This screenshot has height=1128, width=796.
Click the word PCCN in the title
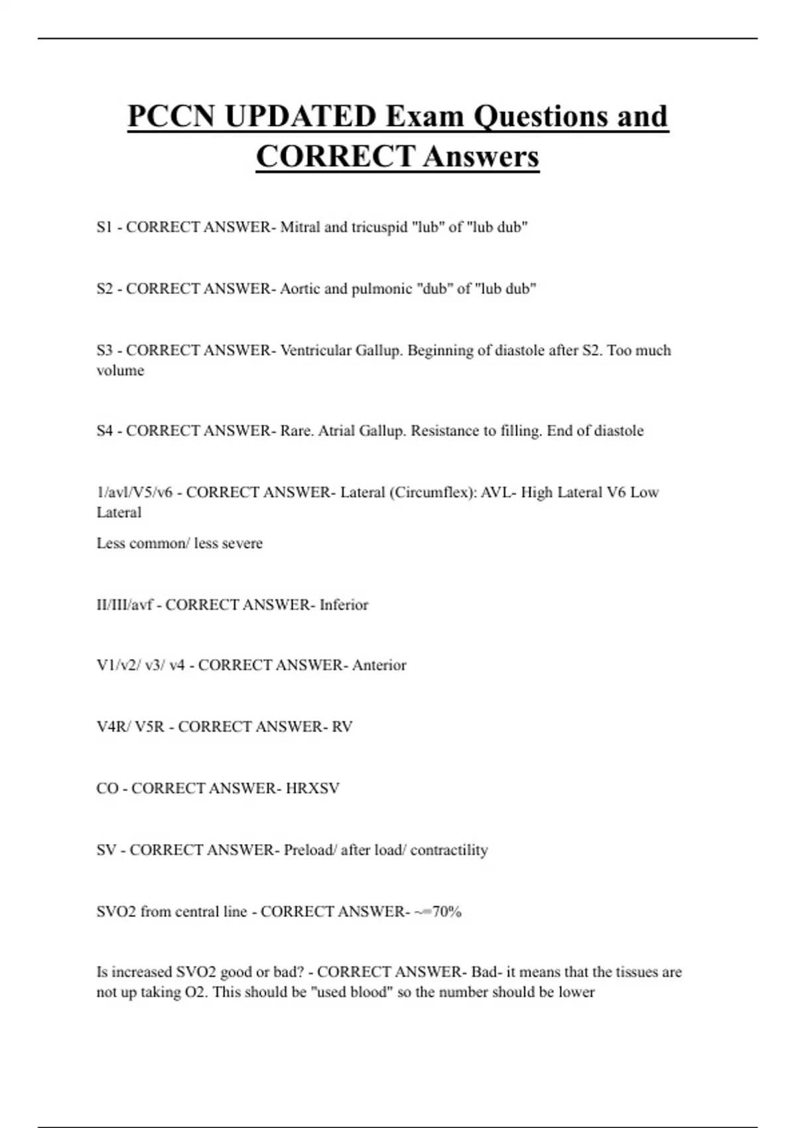click(170, 116)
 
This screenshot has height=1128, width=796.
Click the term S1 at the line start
click(105, 227)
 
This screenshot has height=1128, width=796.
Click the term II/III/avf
click(125, 604)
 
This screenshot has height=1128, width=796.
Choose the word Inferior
click(344, 604)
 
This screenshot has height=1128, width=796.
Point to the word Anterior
click(379, 665)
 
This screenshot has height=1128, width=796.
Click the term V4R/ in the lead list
click(113, 727)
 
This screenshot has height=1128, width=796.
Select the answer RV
click(342, 727)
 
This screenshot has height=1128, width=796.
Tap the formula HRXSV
click(312, 788)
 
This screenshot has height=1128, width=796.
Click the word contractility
click(449, 850)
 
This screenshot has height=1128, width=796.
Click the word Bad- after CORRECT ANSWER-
click(486, 972)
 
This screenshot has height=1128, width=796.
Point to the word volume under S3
click(120, 370)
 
